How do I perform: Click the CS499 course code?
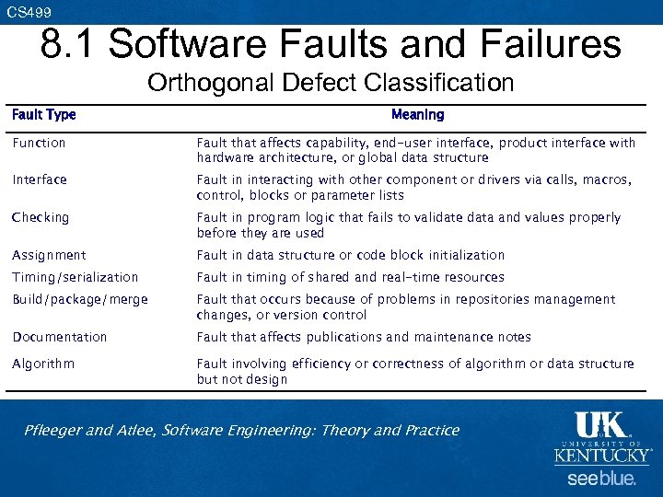29,12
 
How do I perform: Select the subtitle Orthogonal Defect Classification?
331,83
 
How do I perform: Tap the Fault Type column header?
43,115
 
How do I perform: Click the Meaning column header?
417,115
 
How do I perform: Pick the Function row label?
39,143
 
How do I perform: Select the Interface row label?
40,179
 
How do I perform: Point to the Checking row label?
41,217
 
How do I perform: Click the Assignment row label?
49,255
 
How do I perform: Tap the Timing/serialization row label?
76,277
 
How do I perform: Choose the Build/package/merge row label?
80,299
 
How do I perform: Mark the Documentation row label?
60,337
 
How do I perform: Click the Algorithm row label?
43,364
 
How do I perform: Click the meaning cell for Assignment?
351,255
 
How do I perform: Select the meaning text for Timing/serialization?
351,277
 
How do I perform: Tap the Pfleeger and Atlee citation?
242,430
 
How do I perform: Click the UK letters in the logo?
600,424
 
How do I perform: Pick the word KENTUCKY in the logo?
601,456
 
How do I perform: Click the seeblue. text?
600,479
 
